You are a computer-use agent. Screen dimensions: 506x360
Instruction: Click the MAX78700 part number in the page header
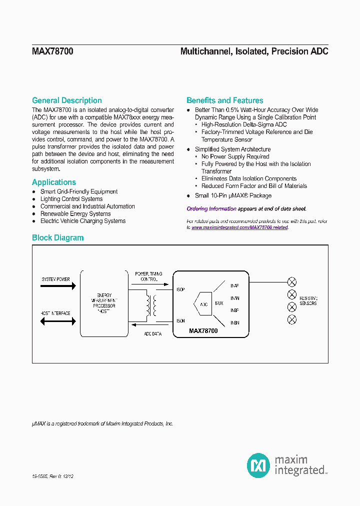52,51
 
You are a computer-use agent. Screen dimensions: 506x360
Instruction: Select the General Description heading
66,100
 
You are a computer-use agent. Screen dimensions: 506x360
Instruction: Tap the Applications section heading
54,182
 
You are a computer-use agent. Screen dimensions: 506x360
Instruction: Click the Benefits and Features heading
224,100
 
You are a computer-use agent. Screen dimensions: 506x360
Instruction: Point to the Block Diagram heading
57,238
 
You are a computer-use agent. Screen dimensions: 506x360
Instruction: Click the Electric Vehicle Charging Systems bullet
82,221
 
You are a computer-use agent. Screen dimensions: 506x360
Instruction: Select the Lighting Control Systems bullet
71,199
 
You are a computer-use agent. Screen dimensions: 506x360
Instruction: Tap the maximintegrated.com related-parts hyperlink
239,227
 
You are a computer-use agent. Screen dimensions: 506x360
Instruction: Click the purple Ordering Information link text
211,209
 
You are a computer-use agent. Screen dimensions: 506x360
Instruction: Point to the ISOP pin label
181,289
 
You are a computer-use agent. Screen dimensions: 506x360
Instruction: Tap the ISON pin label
181,321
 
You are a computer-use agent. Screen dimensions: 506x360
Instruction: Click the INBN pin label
234,323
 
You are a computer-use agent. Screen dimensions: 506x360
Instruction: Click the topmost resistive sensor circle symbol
292,281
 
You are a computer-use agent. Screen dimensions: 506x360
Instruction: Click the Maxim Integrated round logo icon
258,465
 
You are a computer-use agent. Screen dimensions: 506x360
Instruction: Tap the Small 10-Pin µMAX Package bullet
233,196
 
